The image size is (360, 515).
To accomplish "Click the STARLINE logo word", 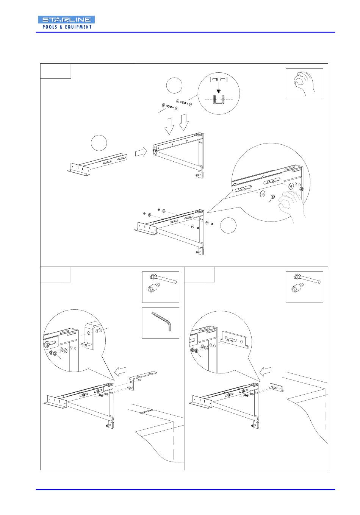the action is coord(66,20).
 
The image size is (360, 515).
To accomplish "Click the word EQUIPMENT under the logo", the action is coord(78,27).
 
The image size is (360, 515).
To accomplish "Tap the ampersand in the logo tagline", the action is coord(61,27).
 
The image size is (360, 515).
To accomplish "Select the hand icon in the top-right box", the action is coord(303,83).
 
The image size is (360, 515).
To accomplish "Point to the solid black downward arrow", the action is coord(219,87).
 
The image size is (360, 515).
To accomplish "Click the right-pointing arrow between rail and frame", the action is coord(141,152).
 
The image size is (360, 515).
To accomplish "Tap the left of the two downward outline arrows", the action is coord(169,126).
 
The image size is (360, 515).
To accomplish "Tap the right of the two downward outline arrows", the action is coord(184,123).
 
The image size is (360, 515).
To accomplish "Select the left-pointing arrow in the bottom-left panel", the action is coord(120,371).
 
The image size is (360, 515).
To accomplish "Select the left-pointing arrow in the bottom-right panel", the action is coord(266,371).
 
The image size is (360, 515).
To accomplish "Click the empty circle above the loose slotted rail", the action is coord(99,143).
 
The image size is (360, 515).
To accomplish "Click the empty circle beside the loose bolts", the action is coord(174,85).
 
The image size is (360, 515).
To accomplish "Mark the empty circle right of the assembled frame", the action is coord(228,225).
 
